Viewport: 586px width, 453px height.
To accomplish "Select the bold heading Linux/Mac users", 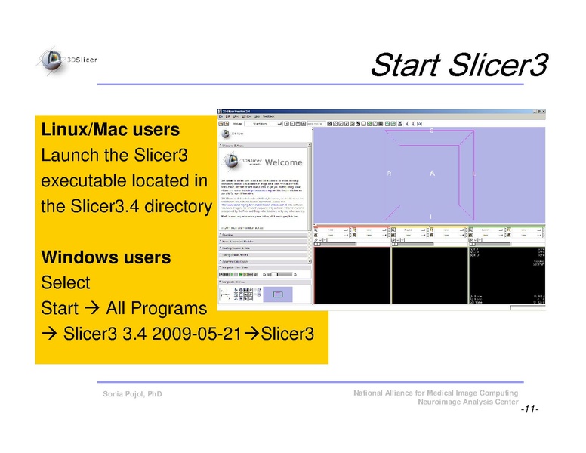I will [x=109, y=130].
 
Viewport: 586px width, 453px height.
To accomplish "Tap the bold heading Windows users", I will [x=106, y=257].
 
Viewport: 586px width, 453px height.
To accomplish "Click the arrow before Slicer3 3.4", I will [x=50, y=334].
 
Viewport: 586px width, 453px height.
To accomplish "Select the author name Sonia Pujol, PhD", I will [x=132, y=395].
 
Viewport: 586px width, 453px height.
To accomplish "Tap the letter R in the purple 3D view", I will [x=390, y=174].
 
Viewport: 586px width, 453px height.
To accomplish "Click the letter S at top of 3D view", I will [x=433, y=131].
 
